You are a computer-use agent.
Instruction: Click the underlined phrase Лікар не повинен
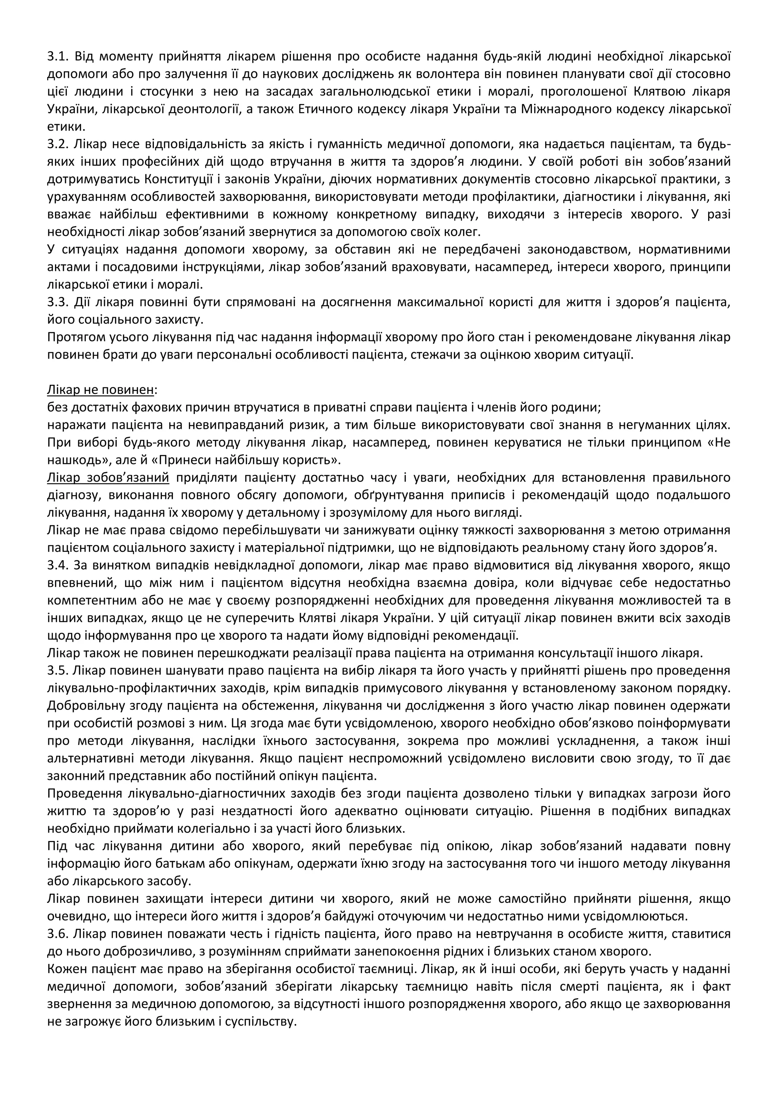101,390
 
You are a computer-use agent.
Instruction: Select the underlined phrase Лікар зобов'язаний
108,478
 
